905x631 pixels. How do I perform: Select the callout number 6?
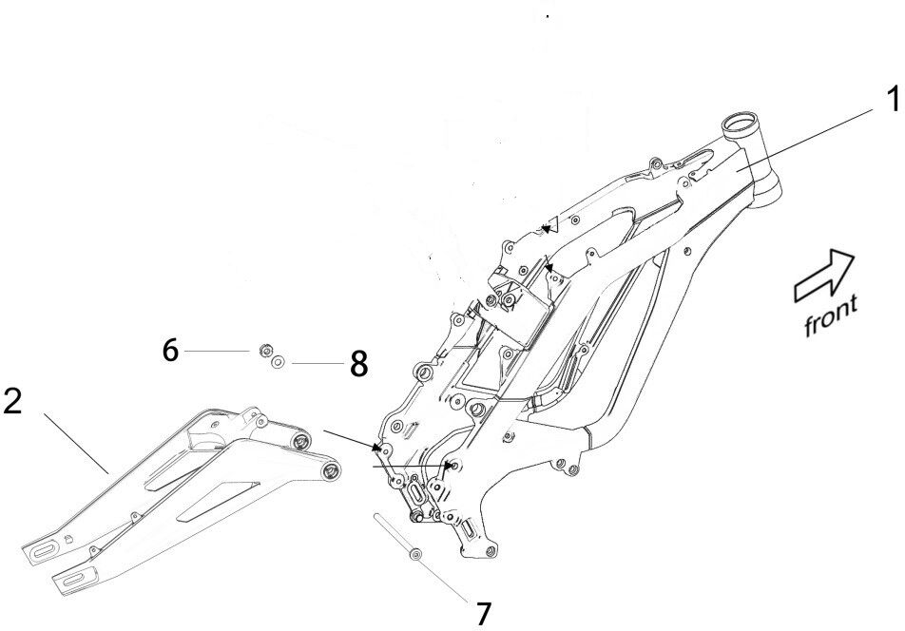point(170,351)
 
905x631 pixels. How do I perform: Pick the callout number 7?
point(483,614)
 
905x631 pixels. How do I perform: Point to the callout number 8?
point(358,363)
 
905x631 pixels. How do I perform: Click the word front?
point(830,315)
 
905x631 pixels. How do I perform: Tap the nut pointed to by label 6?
point(263,353)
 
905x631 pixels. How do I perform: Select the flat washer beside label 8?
point(279,362)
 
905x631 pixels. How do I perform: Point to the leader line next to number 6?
point(217,352)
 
